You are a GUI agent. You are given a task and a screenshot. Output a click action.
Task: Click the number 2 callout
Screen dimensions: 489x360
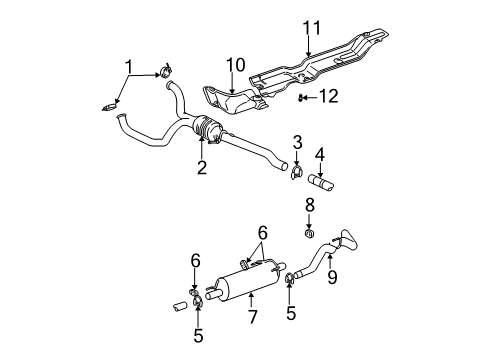[202, 168]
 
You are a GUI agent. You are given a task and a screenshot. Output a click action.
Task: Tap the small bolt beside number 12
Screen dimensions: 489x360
[302, 96]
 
